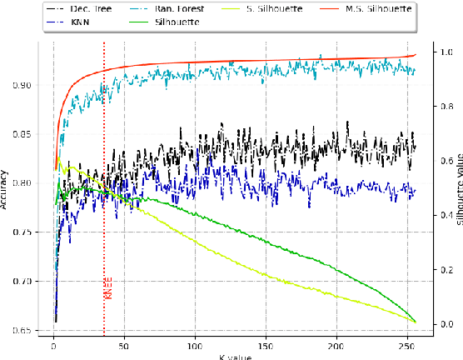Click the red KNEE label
pos(108,287)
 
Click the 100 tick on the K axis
pos(195,343)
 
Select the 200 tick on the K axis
pos(336,343)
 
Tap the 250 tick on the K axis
pos(407,343)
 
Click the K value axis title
pos(234,356)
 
